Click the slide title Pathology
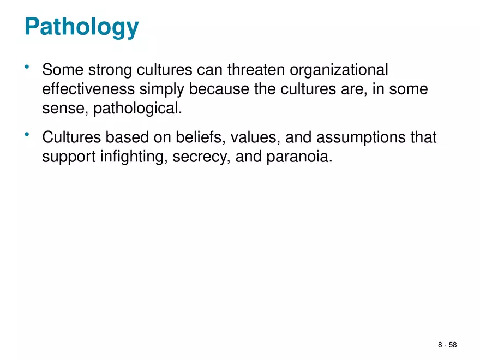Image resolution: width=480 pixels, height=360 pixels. pyautogui.click(x=81, y=27)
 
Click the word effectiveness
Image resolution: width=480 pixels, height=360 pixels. pyautogui.click(x=89, y=89)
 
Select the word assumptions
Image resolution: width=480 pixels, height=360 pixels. pyautogui.click(x=357, y=137)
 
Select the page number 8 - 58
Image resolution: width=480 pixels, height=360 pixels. pyautogui.click(x=447, y=345)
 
